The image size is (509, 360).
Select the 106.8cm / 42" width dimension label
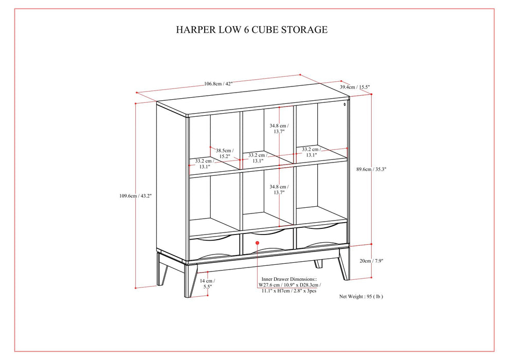coord(218,84)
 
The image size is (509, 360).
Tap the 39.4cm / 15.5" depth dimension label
coord(355,87)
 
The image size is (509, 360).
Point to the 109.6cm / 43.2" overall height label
coord(136,195)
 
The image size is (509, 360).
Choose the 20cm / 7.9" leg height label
coord(371,261)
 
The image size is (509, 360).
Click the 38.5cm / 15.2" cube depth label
coord(223,153)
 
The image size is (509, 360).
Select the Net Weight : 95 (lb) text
coord(361,296)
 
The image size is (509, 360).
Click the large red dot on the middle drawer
coord(257,242)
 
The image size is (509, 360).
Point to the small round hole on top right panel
coord(344,105)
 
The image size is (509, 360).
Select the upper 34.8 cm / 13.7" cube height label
coord(279,128)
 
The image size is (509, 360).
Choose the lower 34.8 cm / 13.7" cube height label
coord(279,189)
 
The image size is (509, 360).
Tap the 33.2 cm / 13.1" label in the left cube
coord(204,164)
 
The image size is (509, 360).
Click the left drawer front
coord(214,247)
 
